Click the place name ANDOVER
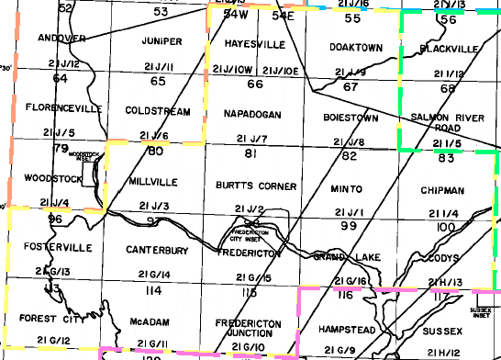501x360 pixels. tap(62, 39)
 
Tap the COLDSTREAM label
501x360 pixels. tap(157, 110)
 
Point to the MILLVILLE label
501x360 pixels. tap(151, 180)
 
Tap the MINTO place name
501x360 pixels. tap(347, 188)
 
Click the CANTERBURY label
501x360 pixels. tap(150, 250)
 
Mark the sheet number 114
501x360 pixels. tap(153, 290)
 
